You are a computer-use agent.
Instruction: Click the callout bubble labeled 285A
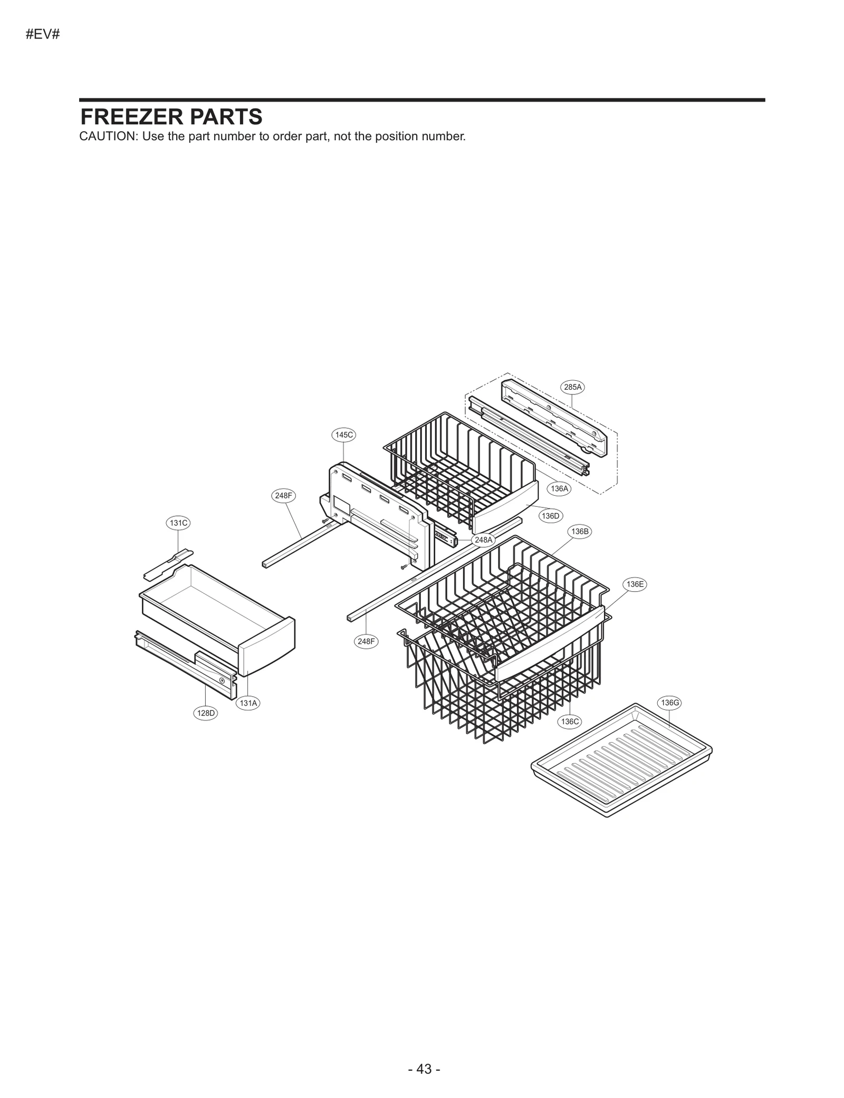point(573,387)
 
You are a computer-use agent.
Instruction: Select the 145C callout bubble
point(344,435)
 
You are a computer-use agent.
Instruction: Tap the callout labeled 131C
point(178,523)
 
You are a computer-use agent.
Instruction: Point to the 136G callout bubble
point(670,702)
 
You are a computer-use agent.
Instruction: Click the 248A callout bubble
point(483,540)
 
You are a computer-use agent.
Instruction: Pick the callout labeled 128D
point(206,713)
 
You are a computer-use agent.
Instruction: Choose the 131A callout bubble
point(248,702)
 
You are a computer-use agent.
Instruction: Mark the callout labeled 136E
point(635,584)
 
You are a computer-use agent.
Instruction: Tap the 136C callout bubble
point(570,721)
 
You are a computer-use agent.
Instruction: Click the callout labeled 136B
point(580,532)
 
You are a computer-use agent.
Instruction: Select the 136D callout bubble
point(550,516)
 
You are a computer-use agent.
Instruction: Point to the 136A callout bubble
point(559,489)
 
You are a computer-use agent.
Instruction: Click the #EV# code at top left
point(43,35)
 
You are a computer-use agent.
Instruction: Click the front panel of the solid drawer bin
point(266,647)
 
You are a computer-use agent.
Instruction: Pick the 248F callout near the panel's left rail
point(284,495)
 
